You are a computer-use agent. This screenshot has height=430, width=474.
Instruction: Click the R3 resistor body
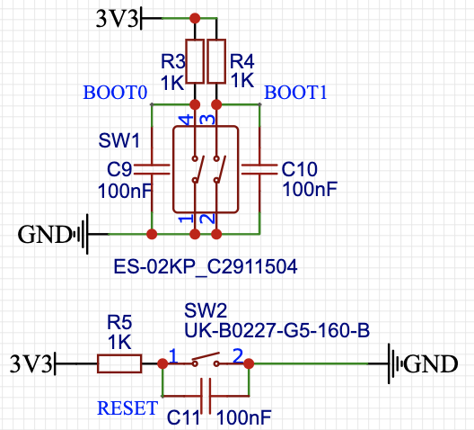[195, 61]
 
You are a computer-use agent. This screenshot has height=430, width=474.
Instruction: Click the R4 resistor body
[216, 61]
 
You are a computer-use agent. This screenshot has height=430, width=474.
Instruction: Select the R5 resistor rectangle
[119, 363]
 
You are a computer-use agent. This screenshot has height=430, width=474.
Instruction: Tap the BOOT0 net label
[115, 93]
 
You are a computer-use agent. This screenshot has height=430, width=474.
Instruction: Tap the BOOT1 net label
[295, 93]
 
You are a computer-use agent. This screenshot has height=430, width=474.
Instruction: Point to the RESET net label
[127, 408]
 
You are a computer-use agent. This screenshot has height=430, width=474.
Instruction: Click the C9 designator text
[119, 169]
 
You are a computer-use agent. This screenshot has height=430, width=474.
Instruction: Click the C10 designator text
[299, 169]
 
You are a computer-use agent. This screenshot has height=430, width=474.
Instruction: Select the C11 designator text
[183, 417]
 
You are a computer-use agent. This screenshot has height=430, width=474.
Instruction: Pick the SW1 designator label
[119, 140]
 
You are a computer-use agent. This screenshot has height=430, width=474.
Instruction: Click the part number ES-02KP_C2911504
[206, 266]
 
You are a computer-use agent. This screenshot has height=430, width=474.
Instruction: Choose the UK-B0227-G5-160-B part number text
[276, 330]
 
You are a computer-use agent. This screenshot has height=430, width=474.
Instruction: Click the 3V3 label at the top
[117, 19]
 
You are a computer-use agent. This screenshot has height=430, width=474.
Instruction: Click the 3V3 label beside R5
[31, 363]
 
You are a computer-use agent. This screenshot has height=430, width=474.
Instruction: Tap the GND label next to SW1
[44, 235]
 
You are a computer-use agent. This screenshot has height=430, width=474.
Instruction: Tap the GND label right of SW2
[431, 363]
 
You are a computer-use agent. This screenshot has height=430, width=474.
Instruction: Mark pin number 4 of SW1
[187, 120]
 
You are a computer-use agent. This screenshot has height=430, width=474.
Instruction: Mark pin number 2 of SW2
[238, 355]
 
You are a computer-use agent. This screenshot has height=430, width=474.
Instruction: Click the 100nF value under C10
[310, 189]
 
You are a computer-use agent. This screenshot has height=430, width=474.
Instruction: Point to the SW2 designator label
[206, 310]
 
